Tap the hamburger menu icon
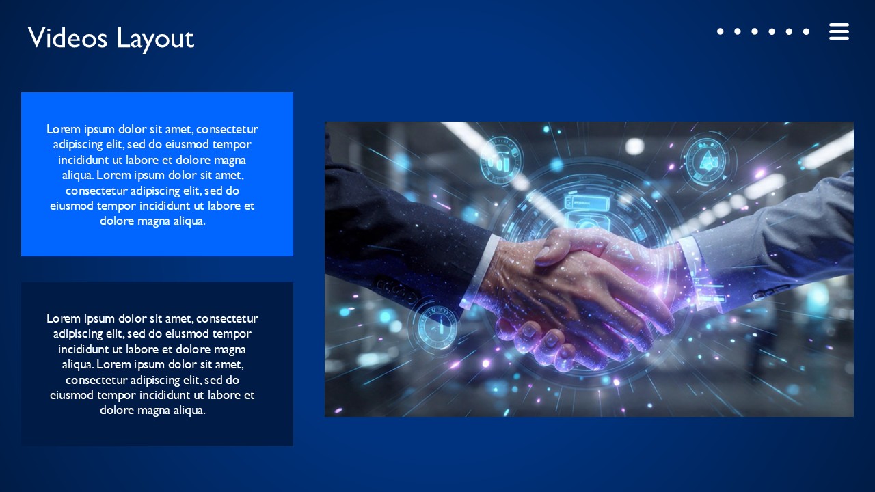click(x=839, y=31)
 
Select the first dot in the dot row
click(x=720, y=31)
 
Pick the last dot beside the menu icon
click(x=807, y=31)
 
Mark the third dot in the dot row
click(x=755, y=31)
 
